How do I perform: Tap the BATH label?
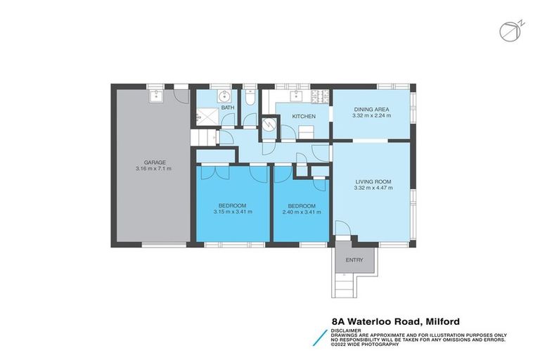[227, 108]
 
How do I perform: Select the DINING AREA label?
[372, 109]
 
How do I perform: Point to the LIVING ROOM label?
[373, 181]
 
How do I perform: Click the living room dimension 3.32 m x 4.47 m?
[373, 188]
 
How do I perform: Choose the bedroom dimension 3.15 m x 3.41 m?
[233, 212]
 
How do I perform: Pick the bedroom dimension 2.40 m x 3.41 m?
[302, 212]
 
